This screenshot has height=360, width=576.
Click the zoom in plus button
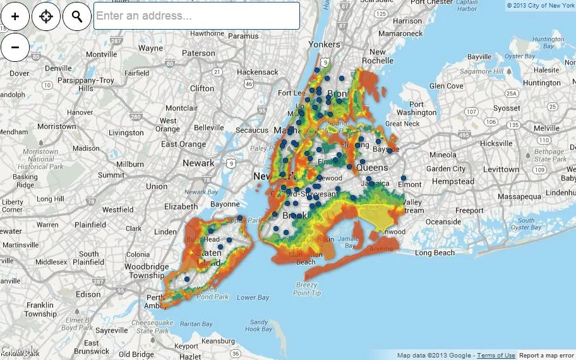15,16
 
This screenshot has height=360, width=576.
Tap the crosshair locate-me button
46,16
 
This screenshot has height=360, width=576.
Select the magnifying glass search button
77,16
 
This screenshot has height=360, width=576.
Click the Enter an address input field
196,16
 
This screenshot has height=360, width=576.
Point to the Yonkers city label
324,44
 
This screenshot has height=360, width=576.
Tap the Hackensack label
257,72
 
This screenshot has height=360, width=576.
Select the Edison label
89,294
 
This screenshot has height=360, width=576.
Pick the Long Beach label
435,253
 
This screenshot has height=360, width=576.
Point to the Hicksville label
496,143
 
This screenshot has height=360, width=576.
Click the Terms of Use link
496,356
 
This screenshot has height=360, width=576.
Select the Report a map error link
547,356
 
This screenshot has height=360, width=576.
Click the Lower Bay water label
253,297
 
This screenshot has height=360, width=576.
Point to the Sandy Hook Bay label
258,325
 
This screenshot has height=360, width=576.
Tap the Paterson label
198,54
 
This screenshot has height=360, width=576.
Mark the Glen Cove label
446,86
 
